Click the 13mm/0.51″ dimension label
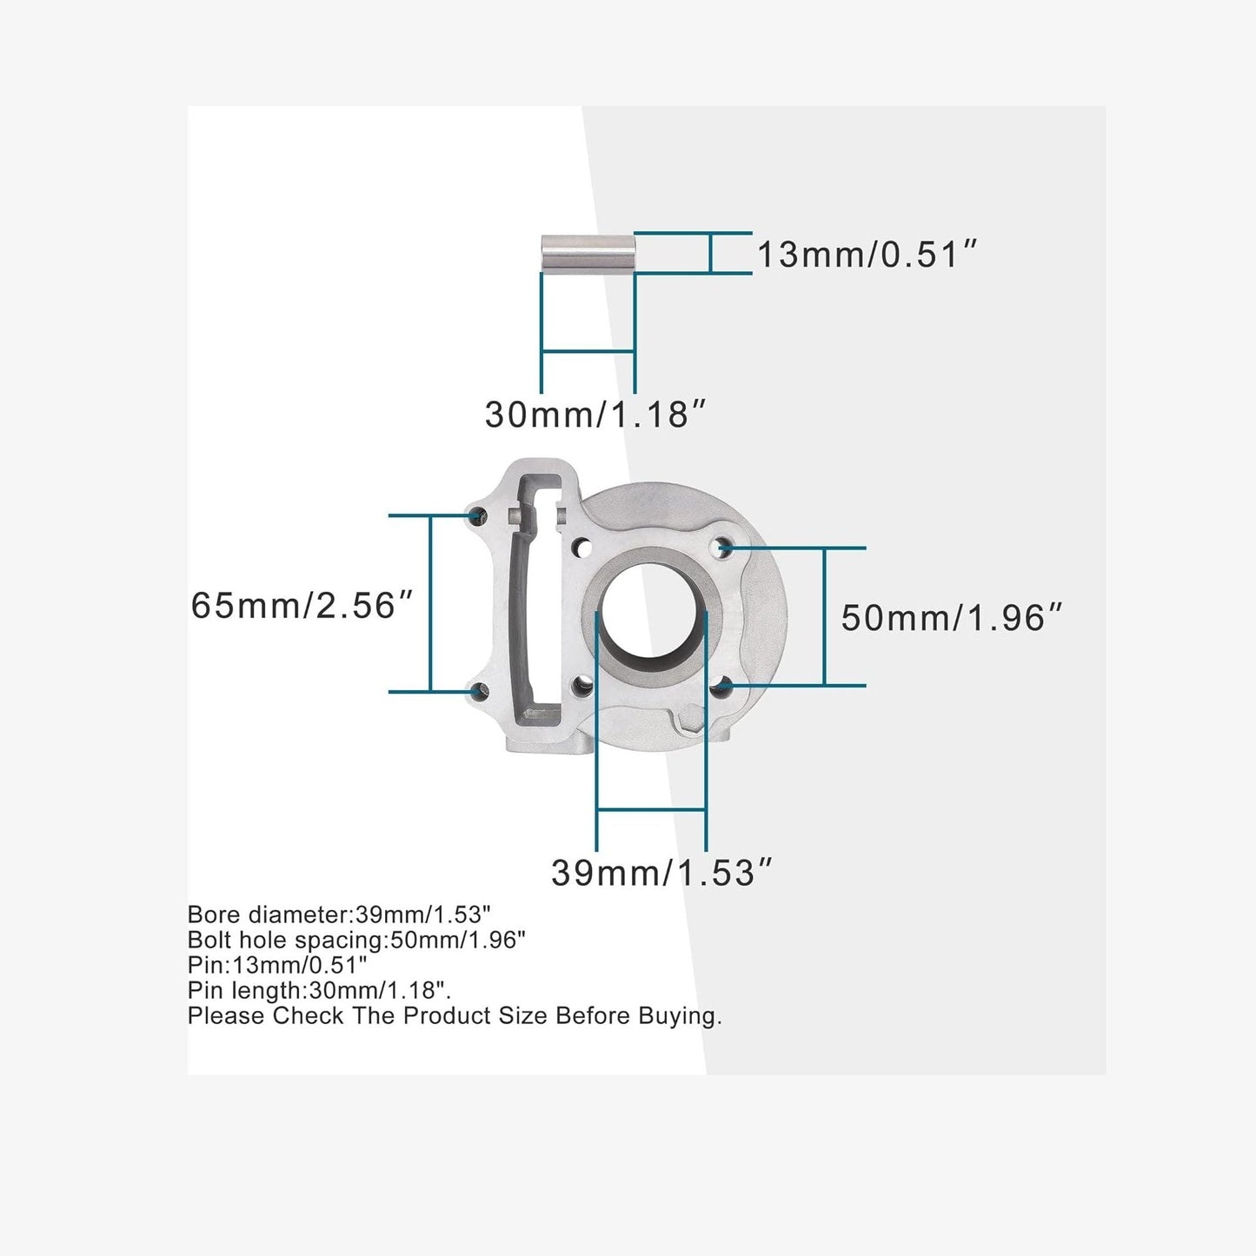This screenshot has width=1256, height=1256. coord(867,255)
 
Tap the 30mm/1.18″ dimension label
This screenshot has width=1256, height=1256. coord(595,415)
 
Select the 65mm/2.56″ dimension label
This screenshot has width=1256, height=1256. coord(302,606)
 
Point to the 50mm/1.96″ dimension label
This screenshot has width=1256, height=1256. coord(952,618)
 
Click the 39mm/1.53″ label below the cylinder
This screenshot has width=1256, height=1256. coord(661,873)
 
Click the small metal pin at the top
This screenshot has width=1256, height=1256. coord(588,253)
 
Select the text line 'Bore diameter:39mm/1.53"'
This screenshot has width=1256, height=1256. coord(339,914)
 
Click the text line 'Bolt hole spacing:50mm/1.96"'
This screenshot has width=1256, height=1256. coord(356,940)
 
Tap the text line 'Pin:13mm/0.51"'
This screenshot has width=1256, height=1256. coord(277,965)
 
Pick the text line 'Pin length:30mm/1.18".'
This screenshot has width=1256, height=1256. coord(319,990)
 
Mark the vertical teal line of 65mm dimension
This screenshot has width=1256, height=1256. coord(430,603)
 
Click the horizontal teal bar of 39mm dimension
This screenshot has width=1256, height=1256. coord(651,810)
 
